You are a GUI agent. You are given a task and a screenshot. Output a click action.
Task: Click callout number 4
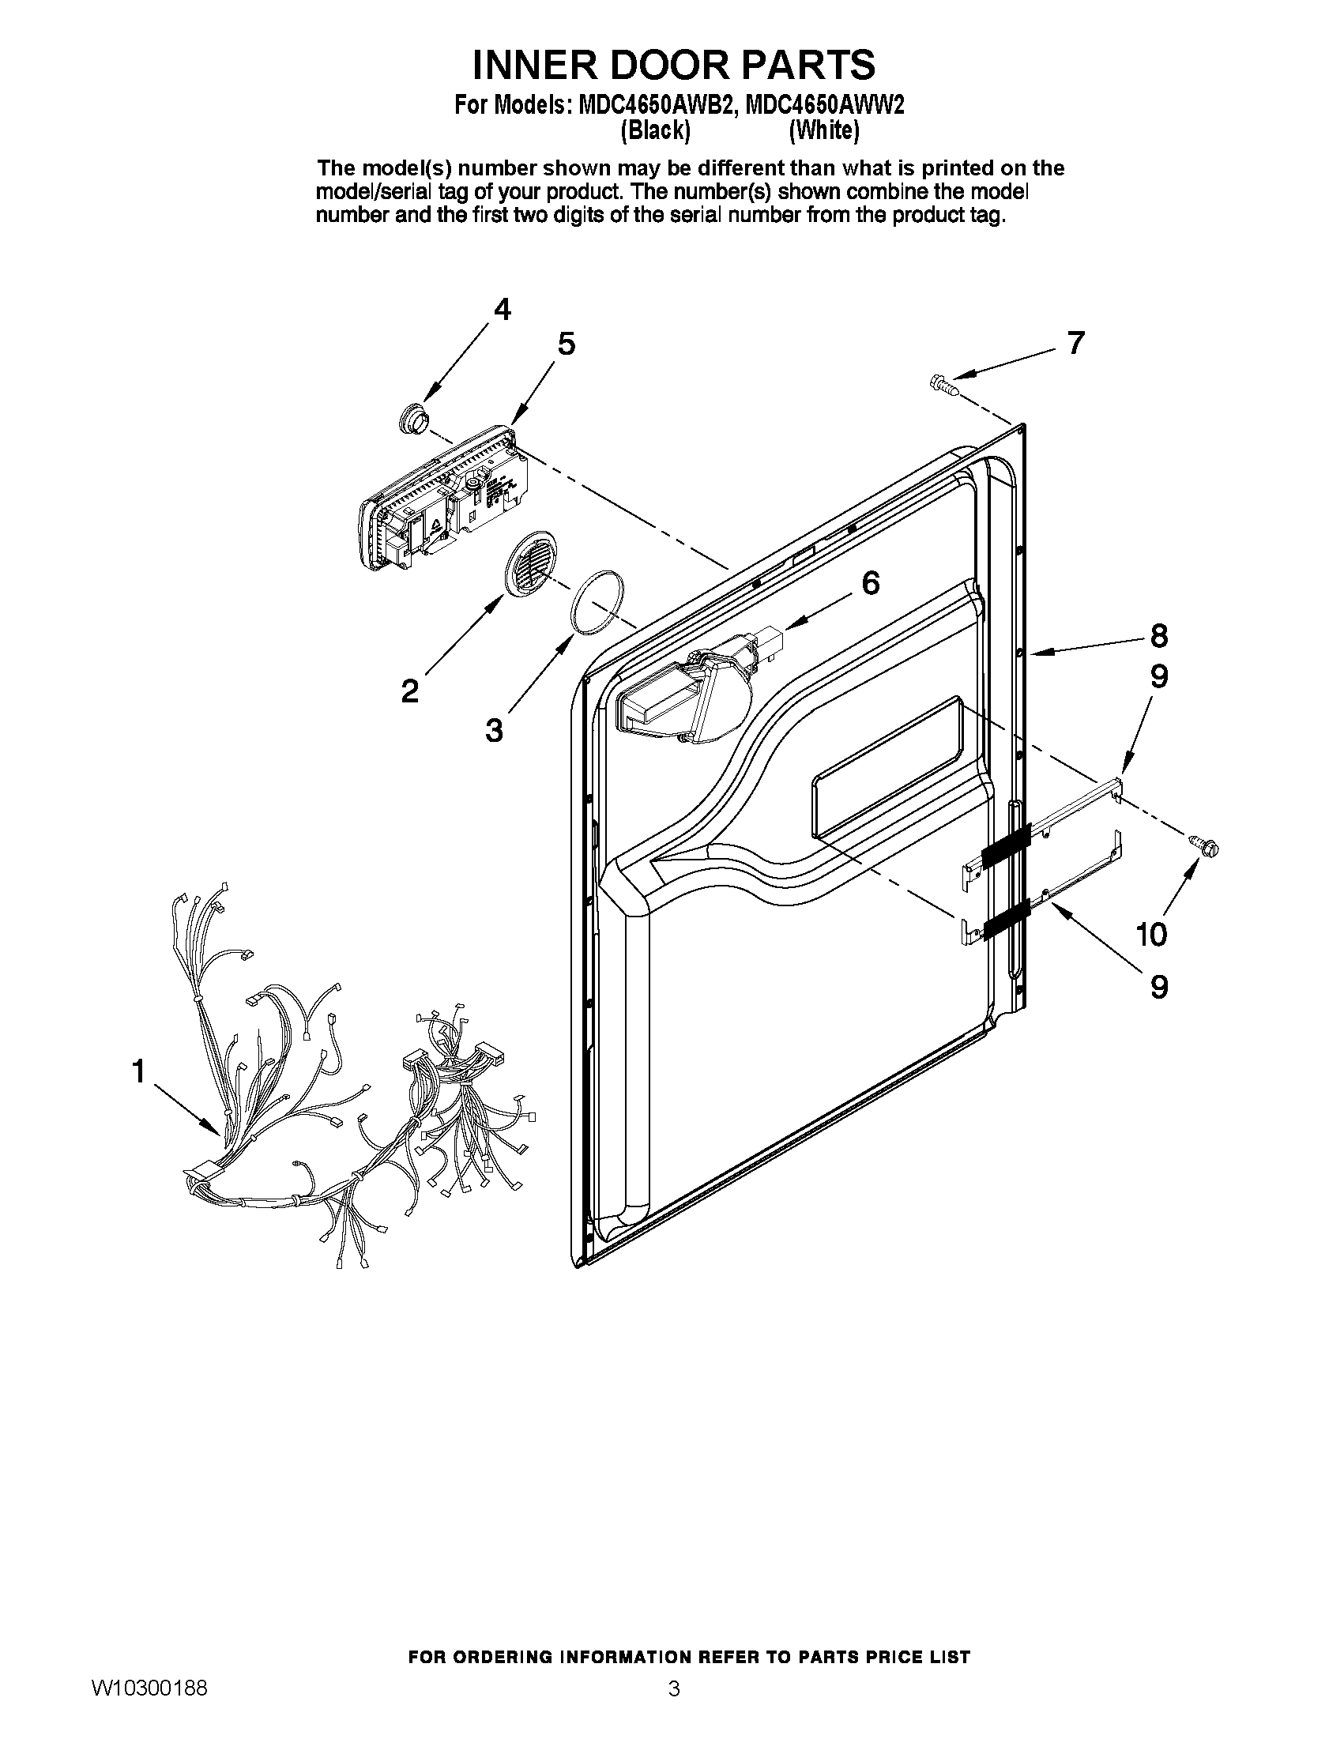point(502,309)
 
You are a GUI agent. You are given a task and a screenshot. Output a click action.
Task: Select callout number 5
point(566,344)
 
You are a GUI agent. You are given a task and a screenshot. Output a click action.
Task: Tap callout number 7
point(1075,342)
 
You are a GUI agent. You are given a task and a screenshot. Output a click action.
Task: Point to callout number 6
point(870,583)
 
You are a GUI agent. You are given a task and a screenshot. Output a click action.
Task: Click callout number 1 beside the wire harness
point(138,1071)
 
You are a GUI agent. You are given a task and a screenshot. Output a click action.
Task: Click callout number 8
point(1158,635)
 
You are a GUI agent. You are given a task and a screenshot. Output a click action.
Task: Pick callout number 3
point(494,729)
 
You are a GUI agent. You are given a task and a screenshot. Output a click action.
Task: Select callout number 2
point(409,691)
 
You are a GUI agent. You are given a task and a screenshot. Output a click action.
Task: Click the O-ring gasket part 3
point(597,602)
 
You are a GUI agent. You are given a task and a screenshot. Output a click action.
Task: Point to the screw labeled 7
point(942,385)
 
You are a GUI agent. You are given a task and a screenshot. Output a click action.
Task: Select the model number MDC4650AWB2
point(653,106)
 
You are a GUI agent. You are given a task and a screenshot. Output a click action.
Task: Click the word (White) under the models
point(823,131)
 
